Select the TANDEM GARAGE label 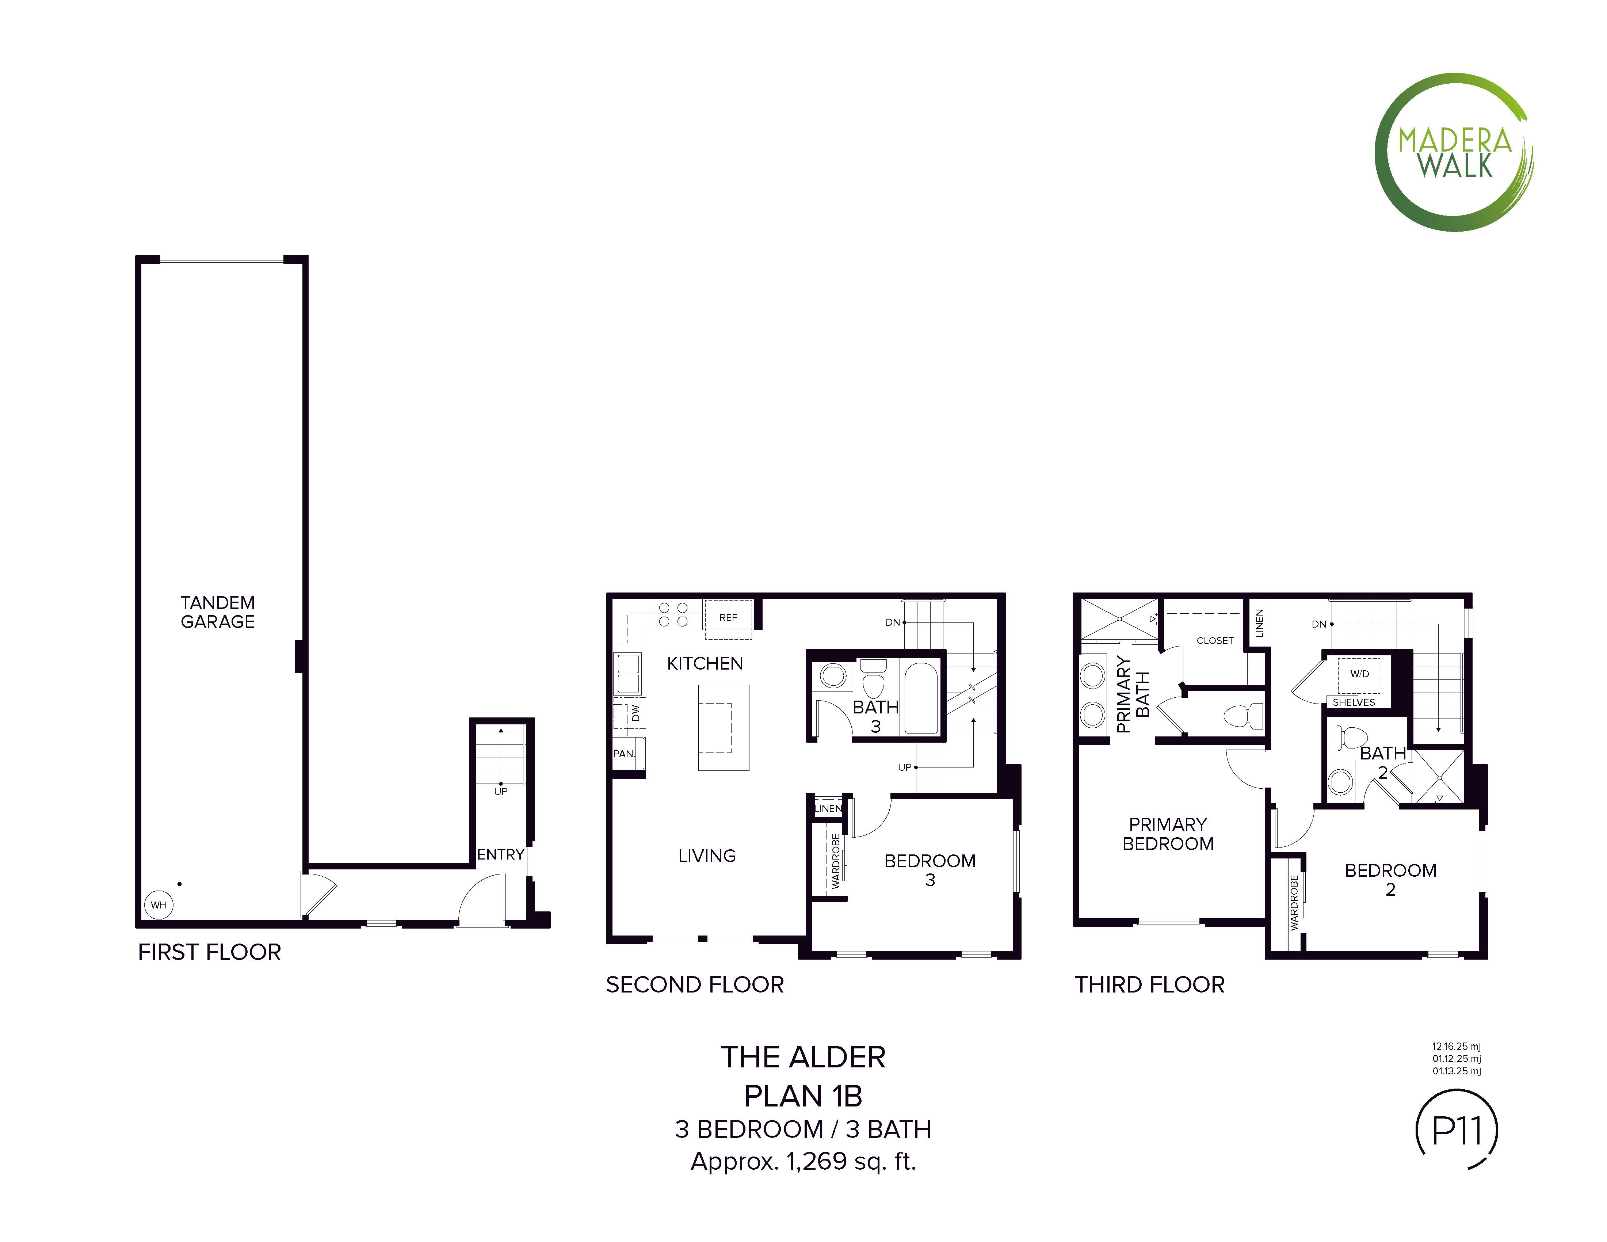coord(218,612)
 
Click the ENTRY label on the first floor coord(500,854)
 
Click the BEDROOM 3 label coord(930,870)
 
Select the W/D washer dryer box coord(1359,675)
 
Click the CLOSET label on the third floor coord(1215,641)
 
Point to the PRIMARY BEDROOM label coord(1168,834)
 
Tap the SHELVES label coord(1354,702)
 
